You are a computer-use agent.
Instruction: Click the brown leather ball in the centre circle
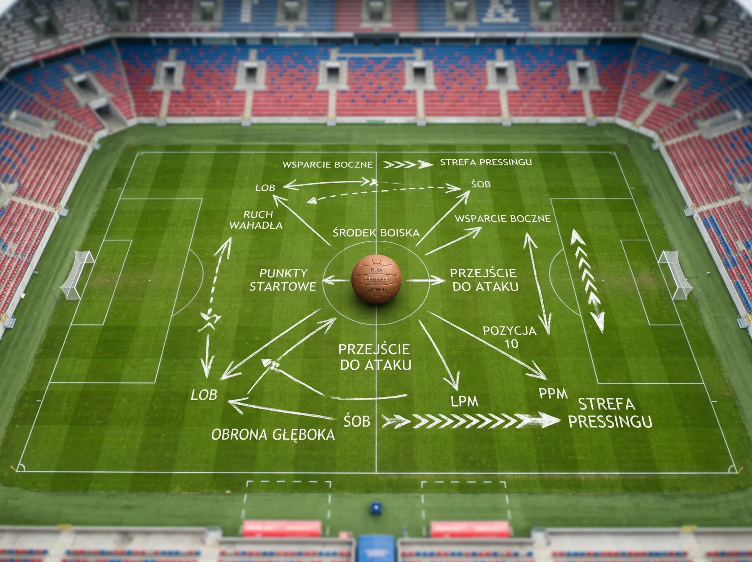tap(376, 279)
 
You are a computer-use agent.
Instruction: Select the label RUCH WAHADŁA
tap(257, 220)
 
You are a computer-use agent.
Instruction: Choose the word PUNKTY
tap(283, 273)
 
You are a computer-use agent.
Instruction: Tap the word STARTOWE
tap(283, 286)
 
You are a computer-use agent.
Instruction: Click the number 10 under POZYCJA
tap(511, 344)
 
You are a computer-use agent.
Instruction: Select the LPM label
tap(464, 401)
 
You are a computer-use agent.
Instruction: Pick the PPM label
tap(553, 393)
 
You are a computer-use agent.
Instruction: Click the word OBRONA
tap(239, 434)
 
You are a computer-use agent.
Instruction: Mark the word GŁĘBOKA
tap(303, 434)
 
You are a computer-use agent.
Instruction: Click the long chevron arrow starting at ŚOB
tap(471, 420)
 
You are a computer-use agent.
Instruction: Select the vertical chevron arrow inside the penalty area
tap(588, 281)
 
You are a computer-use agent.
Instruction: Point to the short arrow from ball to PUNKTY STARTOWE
tap(335, 280)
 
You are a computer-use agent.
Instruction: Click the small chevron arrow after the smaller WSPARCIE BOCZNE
tap(408, 164)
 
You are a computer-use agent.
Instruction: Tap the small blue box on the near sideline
tap(376, 508)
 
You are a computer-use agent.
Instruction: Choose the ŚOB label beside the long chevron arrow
tap(357, 421)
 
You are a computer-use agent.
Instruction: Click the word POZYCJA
tap(510, 331)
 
